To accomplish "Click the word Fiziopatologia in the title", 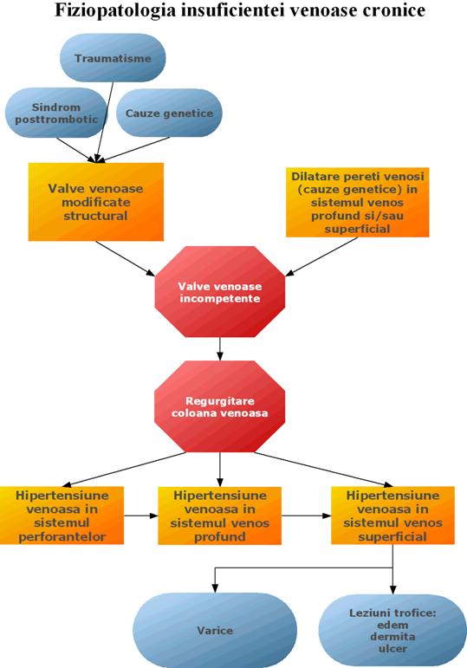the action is (x=115, y=10).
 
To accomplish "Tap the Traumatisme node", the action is (x=113, y=58).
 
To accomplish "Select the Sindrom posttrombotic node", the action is (x=55, y=113).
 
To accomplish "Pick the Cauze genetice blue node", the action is (x=169, y=113).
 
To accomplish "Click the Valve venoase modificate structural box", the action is (x=96, y=202).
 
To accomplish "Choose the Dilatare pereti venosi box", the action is (x=358, y=203).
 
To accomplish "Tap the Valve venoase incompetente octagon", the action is (x=219, y=292).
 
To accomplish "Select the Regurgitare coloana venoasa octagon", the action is (x=219, y=406).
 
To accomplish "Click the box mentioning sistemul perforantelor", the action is (x=62, y=516).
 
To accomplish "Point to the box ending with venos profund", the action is (x=219, y=516).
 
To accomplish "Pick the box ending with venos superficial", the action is (x=392, y=516).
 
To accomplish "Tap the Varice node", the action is (x=215, y=631).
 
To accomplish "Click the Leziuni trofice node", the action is (x=392, y=631).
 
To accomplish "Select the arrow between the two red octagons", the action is (x=220, y=349).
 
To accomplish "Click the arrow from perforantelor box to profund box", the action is (x=141, y=516).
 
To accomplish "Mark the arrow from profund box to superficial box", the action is (x=307, y=516).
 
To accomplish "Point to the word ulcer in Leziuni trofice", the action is (x=392, y=649).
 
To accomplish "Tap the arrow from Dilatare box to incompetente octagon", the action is (x=321, y=256).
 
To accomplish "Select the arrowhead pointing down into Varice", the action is (x=215, y=588).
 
